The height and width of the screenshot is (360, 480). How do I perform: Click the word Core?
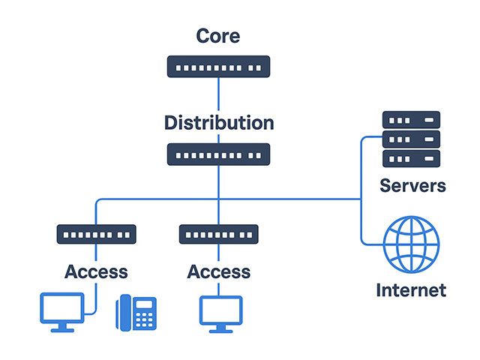(x=218, y=35)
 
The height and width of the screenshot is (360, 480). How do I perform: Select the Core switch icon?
(x=218, y=67)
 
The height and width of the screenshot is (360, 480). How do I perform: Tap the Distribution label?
(x=219, y=122)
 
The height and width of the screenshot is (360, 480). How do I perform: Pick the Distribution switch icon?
(x=218, y=154)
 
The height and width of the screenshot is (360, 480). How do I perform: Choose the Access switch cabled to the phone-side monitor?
(x=96, y=235)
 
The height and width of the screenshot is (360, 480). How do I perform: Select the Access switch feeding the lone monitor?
(x=218, y=235)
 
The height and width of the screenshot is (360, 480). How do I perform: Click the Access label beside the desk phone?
(x=96, y=271)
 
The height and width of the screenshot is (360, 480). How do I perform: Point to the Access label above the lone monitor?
(x=218, y=271)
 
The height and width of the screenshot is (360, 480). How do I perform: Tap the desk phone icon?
(x=136, y=313)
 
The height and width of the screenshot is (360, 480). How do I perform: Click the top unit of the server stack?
(x=411, y=119)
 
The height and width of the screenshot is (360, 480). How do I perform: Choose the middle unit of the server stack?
(x=411, y=139)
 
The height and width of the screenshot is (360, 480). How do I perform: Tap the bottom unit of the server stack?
(x=411, y=158)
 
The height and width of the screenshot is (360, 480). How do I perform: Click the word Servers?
(x=412, y=185)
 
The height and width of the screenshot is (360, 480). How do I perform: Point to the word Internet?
(x=411, y=289)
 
